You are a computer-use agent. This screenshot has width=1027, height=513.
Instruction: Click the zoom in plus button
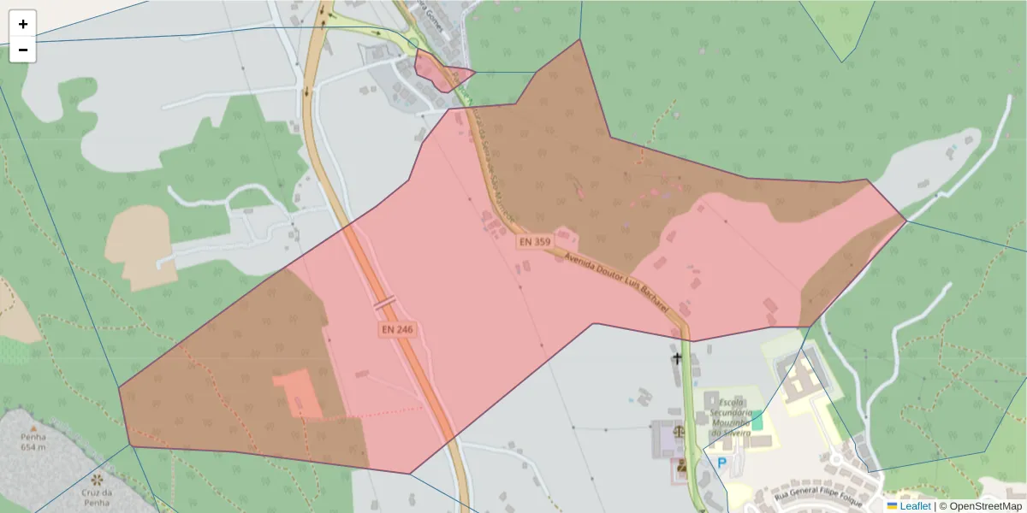[x=23, y=24]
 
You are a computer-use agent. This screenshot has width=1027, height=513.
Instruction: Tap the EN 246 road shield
[x=397, y=329]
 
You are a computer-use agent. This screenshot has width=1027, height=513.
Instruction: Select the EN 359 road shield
[x=533, y=243]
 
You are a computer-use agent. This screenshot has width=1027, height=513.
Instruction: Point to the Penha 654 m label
[x=33, y=441]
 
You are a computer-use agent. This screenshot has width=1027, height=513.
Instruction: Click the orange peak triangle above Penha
[x=33, y=427]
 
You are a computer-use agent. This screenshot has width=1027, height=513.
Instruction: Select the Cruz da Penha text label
[x=96, y=498]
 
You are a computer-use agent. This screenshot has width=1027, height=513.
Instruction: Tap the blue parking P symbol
[x=721, y=463]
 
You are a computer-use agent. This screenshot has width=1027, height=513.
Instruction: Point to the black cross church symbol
[x=678, y=357]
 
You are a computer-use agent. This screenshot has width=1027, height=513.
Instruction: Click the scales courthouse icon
[x=679, y=431]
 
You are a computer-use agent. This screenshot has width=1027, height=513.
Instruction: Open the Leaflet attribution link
[x=915, y=506]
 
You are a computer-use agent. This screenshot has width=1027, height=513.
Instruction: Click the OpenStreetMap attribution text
[x=984, y=506]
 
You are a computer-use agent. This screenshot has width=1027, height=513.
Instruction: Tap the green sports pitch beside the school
[x=757, y=421]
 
